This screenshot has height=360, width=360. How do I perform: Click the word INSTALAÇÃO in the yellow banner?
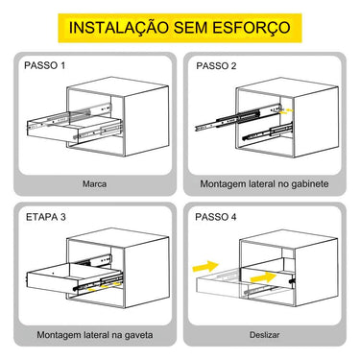pos(119,28)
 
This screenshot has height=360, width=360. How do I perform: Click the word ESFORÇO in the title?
pos(251,28)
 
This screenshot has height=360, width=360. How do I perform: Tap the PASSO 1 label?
pos(44,65)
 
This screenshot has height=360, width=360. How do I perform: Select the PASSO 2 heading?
pos(216,66)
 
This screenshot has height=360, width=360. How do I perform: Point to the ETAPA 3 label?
pos(45,217)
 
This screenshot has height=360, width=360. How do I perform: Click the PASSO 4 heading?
pos(216,217)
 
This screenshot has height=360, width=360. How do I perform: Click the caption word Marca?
pos(94,184)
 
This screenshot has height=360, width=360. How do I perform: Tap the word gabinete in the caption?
pos(310,184)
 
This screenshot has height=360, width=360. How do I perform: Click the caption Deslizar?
pos(264,335)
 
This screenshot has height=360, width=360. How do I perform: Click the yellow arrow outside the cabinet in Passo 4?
pos(205,266)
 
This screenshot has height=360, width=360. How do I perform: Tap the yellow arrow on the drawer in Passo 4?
pos(263,277)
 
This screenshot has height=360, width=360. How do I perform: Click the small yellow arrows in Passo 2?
pos(286,111)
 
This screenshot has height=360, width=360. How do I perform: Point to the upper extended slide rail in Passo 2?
pos(238,117)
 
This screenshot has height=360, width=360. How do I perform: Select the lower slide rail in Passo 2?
pos(268,132)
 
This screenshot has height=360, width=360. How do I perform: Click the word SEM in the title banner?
pos(190,28)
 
